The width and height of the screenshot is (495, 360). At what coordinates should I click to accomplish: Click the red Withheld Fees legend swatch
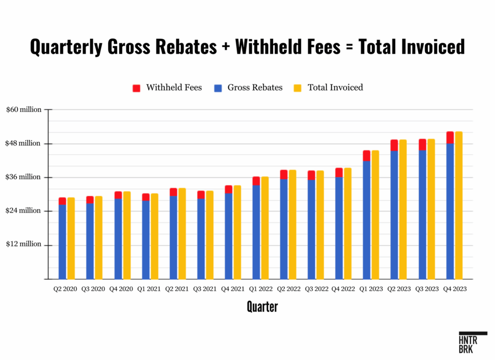(x=136, y=88)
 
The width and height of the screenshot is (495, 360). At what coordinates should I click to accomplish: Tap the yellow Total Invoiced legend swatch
(x=298, y=88)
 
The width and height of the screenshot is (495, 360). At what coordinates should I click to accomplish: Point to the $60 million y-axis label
(x=24, y=109)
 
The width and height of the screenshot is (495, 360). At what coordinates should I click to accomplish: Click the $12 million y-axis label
(x=24, y=244)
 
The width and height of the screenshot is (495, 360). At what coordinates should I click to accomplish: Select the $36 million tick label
(x=24, y=177)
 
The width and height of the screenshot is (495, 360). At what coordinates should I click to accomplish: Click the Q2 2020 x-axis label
(x=65, y=289)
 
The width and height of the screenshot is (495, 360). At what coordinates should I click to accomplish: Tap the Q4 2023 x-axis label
(x=454, y=289)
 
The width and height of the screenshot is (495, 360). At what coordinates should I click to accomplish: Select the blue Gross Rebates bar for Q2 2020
(x=62, y=242)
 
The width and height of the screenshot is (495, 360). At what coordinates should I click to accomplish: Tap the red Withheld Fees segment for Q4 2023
(x=450, y=137)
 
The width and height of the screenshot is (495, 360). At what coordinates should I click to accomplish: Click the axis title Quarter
(x=262, y=306)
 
